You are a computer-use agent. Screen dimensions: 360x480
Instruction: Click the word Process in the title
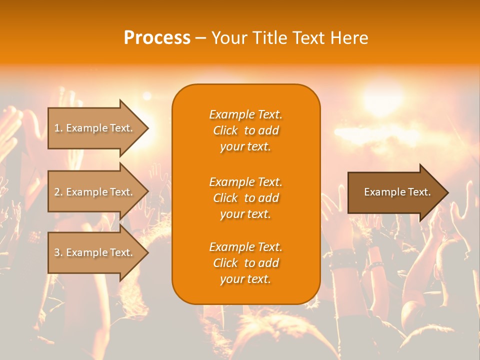click(157, 38)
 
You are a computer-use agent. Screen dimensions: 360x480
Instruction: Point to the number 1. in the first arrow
click(58, 128)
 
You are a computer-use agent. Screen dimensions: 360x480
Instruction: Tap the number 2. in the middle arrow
click(58, 192)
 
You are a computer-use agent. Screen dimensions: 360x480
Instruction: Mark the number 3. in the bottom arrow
click(58, 252)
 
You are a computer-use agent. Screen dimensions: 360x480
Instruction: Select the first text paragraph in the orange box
click(245, 130)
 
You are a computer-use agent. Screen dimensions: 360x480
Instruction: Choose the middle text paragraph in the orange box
click(245, 198)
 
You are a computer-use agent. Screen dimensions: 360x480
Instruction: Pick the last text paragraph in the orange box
click(245, 263)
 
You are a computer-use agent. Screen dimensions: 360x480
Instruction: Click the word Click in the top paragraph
click(225, 130)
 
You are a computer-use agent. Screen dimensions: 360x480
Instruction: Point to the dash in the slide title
click(201, 38)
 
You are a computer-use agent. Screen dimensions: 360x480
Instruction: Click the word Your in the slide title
click(228, 38)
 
